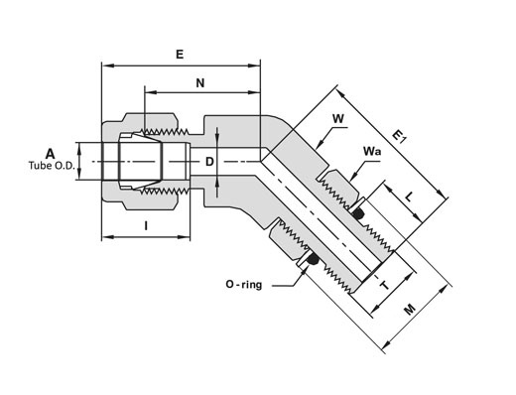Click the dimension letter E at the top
(180, 54)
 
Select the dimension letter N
(200, 83)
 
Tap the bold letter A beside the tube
(50, 154)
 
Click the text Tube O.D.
(52, 166)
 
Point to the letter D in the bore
(209, 162)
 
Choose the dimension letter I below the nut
(146, 226)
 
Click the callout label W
(338, 118)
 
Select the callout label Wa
(372, 151)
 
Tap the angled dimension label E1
(399, 136)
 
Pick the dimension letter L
(409, 197)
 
